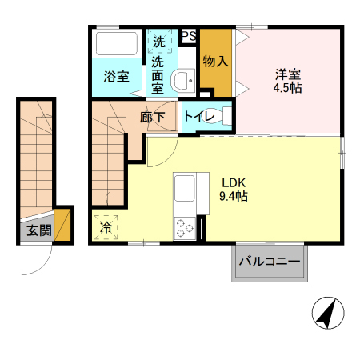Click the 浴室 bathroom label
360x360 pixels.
[117, 77]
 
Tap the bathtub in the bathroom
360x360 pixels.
[118, 43]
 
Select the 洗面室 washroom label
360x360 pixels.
[158, 74]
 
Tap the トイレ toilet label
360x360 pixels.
[198, 117]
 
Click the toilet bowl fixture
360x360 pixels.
[225, 117]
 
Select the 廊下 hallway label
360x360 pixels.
[153, 117]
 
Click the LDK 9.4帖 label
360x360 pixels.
[234, 188]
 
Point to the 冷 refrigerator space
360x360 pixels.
[106, 227]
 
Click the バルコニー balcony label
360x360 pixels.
[270, 262]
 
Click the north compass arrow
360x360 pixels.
[326, 312]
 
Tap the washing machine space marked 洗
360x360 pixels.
[158, 42]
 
